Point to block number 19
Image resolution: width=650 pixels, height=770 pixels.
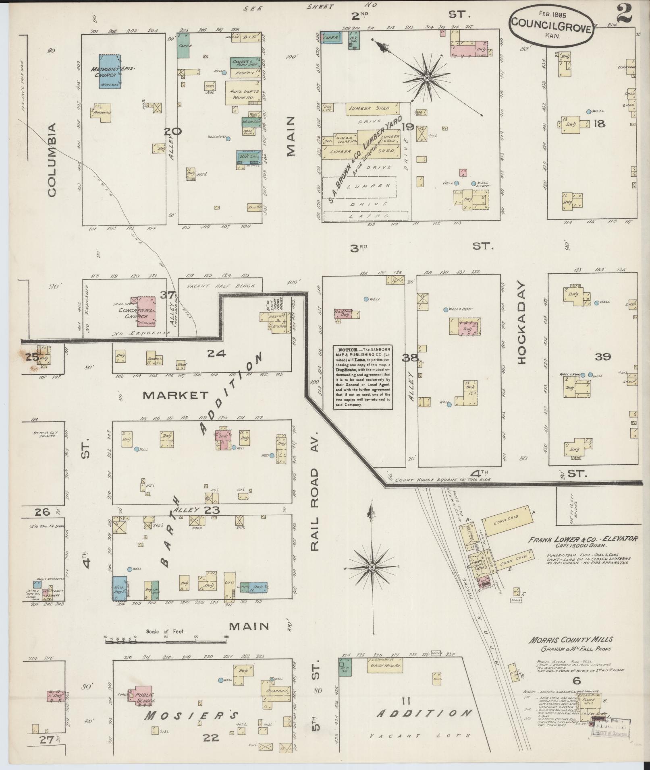(408, 127)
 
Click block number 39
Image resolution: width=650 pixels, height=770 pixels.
(602, 357)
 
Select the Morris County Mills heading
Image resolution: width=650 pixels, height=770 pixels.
(571, 639)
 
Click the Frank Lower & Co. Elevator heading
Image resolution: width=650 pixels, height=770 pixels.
(577, 540)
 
